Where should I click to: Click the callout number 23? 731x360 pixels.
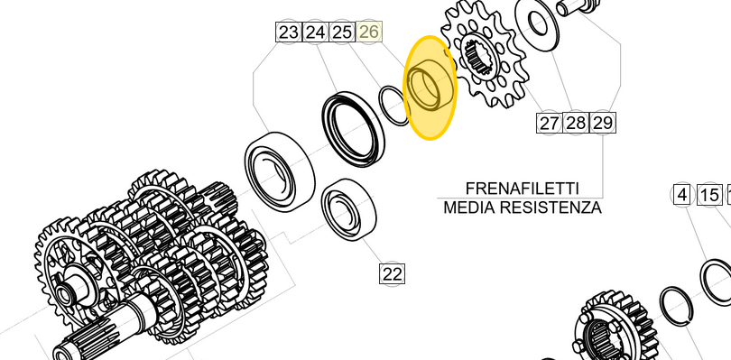[289, 32]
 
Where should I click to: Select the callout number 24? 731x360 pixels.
[315, 32]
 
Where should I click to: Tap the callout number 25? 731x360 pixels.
[342, 32]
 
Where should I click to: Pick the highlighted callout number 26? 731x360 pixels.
[369, 32]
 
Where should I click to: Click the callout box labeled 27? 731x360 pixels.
[549, 123]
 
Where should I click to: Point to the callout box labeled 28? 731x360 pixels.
[575, 123]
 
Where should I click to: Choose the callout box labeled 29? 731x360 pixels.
[602, 123]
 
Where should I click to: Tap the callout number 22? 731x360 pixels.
[392, 273]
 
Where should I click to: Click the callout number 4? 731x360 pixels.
[682, 195]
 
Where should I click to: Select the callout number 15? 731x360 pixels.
[709, 195]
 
